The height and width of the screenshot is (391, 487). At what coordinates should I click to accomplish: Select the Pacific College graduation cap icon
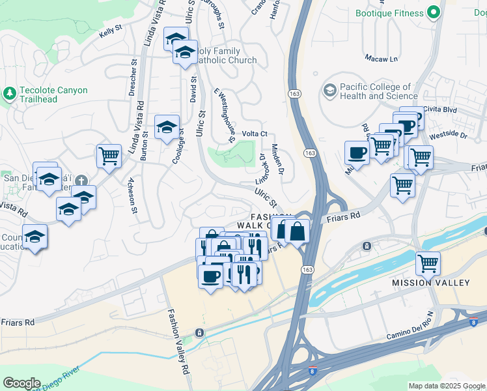[x=329, y=90]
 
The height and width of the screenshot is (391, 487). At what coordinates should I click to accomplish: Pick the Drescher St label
[x=133, y=79]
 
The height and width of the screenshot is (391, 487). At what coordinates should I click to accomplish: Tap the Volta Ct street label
[x=255, y=134]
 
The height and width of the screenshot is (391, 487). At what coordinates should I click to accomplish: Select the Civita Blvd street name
[x=441, y=109]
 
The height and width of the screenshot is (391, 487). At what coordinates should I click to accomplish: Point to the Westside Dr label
[x=449, y=136]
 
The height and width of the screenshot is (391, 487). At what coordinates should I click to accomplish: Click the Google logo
[x=21, y=383]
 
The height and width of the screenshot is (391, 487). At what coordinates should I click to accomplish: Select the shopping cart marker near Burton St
[x=109, y=156]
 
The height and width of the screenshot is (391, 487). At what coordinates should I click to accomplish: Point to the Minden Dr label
[x=277, y=159]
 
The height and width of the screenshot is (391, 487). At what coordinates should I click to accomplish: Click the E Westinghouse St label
[x=224, y=116]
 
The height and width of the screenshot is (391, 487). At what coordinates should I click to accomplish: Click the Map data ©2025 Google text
[x=447, y=386]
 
